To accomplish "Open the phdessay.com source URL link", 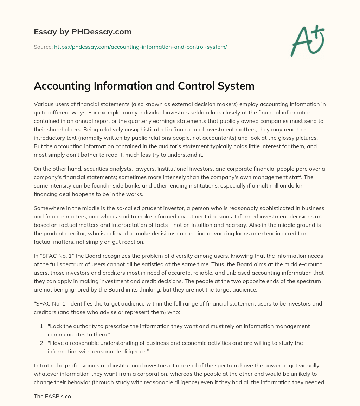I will [140, 47].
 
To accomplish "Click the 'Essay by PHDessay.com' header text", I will [83, 32].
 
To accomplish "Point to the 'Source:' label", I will [43, 47].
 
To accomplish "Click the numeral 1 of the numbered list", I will [43, 326].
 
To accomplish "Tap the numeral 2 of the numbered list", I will [43, 343].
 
